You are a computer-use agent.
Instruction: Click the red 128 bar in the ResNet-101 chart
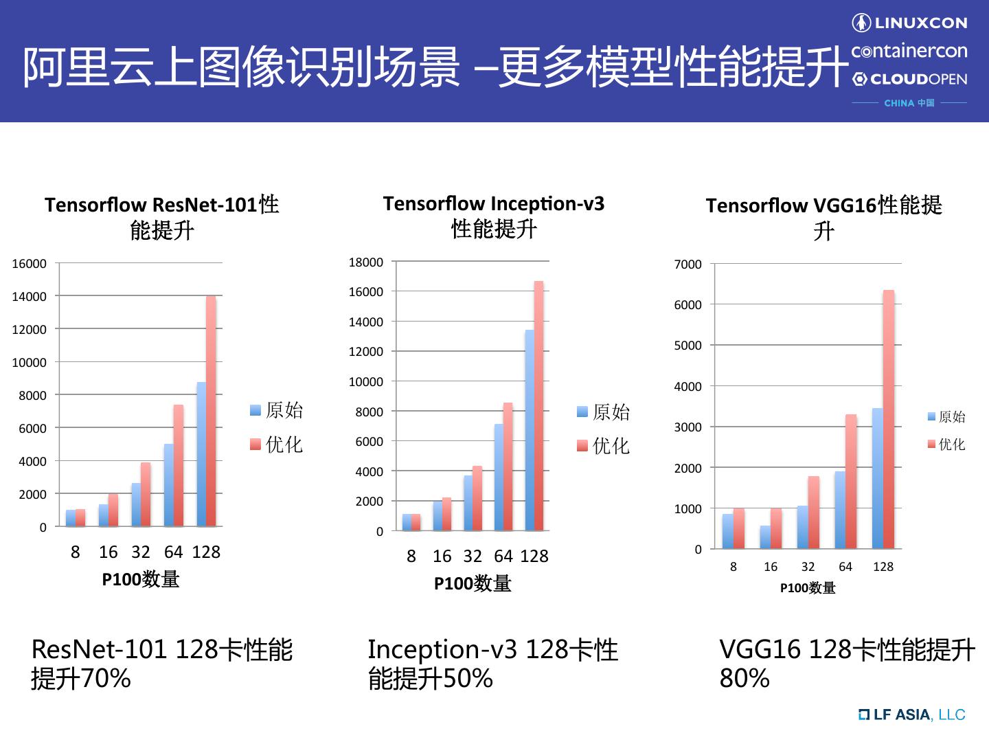pyautogui.click(x=211, y=412)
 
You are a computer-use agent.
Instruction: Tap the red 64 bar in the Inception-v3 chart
pyautogui.click(x=508, y=467)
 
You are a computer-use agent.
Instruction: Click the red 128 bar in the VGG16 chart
pyautogui.click(x=889, y=420)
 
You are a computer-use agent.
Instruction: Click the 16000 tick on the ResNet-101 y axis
pyautogui.click(x=30, y=264)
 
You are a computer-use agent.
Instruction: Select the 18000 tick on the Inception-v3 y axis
pyautogui.click(x=366, y=262)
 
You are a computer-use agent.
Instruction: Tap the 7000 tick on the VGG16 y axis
pyautogui.click(x=688, y=265)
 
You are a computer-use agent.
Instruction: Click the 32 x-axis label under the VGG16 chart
pyautogui.click(x=808, y=567)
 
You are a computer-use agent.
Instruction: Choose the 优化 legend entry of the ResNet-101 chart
pyautogui.click(x=277, y=445)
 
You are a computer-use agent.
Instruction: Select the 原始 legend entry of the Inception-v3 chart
pyautogui.click(x=604, y=412)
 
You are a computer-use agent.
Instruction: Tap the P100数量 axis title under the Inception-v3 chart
pyautogui.click(x=473, y=584)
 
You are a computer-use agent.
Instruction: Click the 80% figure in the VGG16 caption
pyautogui.click(x=744, y=679)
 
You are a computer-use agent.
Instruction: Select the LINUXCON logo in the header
pyautogui.click(x=910, y=23)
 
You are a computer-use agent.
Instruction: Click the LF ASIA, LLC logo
pyautogui.click(x=912, y=715)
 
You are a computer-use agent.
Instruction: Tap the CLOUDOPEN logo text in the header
pyautogui.click(x=910, y=79)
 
